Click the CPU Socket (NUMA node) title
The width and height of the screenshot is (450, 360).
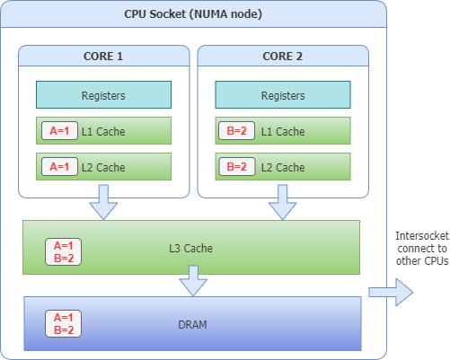tap(193, 14)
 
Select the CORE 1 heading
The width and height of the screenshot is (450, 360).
tap(103, 57)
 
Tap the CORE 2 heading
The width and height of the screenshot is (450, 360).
tap(282, 57)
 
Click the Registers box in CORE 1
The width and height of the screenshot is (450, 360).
tap(103, 94)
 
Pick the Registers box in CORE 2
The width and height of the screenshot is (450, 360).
tap(283, 94)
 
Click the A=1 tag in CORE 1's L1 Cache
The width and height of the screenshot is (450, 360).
tap(59, 130)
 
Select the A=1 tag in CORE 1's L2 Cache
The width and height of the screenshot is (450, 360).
tap(59, 166)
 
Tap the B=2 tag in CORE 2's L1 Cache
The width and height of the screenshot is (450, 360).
tap(236, 130)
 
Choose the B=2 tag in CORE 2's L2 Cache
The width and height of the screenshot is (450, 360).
tap(236, 166)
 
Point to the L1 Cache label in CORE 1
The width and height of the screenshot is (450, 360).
tap(103, 131)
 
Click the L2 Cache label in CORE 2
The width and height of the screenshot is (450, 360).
tap(283, 167)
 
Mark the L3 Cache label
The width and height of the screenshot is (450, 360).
tap(190, 248)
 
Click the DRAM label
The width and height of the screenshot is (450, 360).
tap(192, 325)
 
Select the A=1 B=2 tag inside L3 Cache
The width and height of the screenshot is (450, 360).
tap(63, 251)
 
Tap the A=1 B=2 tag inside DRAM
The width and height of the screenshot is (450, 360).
tap(63, 323)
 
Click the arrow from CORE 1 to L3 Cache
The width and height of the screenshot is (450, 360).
tap(103, 202)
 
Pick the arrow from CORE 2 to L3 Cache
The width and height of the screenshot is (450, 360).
tap(283, 202)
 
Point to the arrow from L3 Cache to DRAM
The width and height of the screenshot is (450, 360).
tap(193, 281)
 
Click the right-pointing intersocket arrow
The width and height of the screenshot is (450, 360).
tap(391, 292)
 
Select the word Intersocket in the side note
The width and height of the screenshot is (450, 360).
tap(422, 236)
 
